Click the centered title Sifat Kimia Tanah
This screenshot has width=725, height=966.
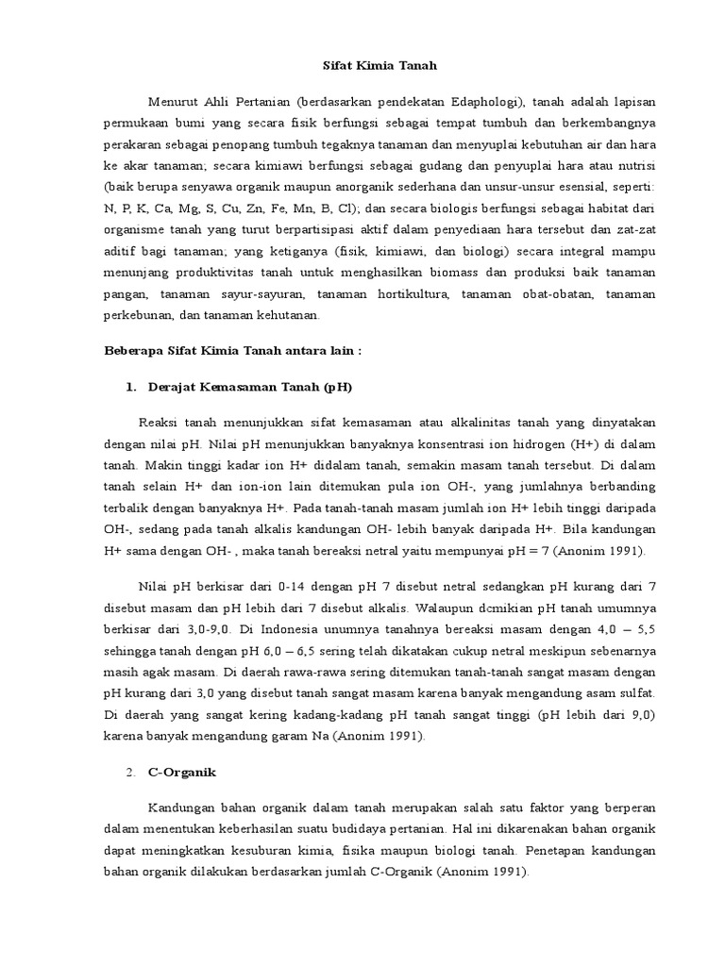click(x=362, y=66)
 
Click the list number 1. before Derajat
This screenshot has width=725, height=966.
click(x=130, y=387)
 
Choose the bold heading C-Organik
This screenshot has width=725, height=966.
click(x=182, y=772)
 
